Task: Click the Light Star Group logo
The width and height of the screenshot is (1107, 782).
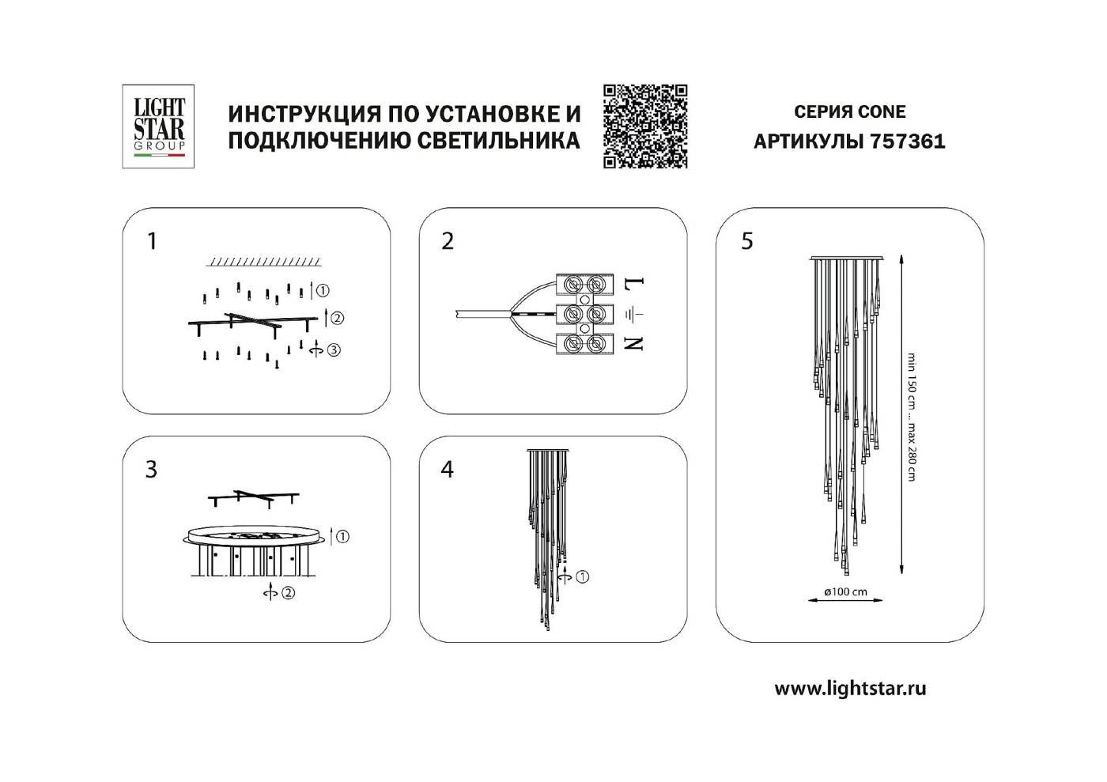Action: [x=158, y=126]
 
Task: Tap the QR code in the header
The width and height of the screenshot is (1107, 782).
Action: [x=645, y=126]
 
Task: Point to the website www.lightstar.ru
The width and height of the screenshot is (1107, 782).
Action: [x=850, y=688]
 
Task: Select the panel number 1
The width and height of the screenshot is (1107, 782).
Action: [x=153, y=240]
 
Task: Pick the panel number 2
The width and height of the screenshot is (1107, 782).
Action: [x=448, y=241]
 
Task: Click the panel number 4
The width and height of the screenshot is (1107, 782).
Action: [x=448, y=469]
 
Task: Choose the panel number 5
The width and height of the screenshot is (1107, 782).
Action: [x=747, y=241]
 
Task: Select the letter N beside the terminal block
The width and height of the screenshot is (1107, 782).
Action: [x=637, y=342]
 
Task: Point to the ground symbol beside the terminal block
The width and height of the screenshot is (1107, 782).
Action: [x=636, y=315]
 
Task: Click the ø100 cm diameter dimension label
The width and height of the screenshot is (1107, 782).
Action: [x=845, y=591]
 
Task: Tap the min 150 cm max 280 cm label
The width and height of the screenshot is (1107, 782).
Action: [x=912, y=417]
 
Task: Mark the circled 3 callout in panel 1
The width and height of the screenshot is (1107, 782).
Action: [x=334, y=349]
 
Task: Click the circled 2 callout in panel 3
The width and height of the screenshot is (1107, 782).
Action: [x=288, y=592]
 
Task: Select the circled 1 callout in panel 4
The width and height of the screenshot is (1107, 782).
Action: [x=582, y=576]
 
